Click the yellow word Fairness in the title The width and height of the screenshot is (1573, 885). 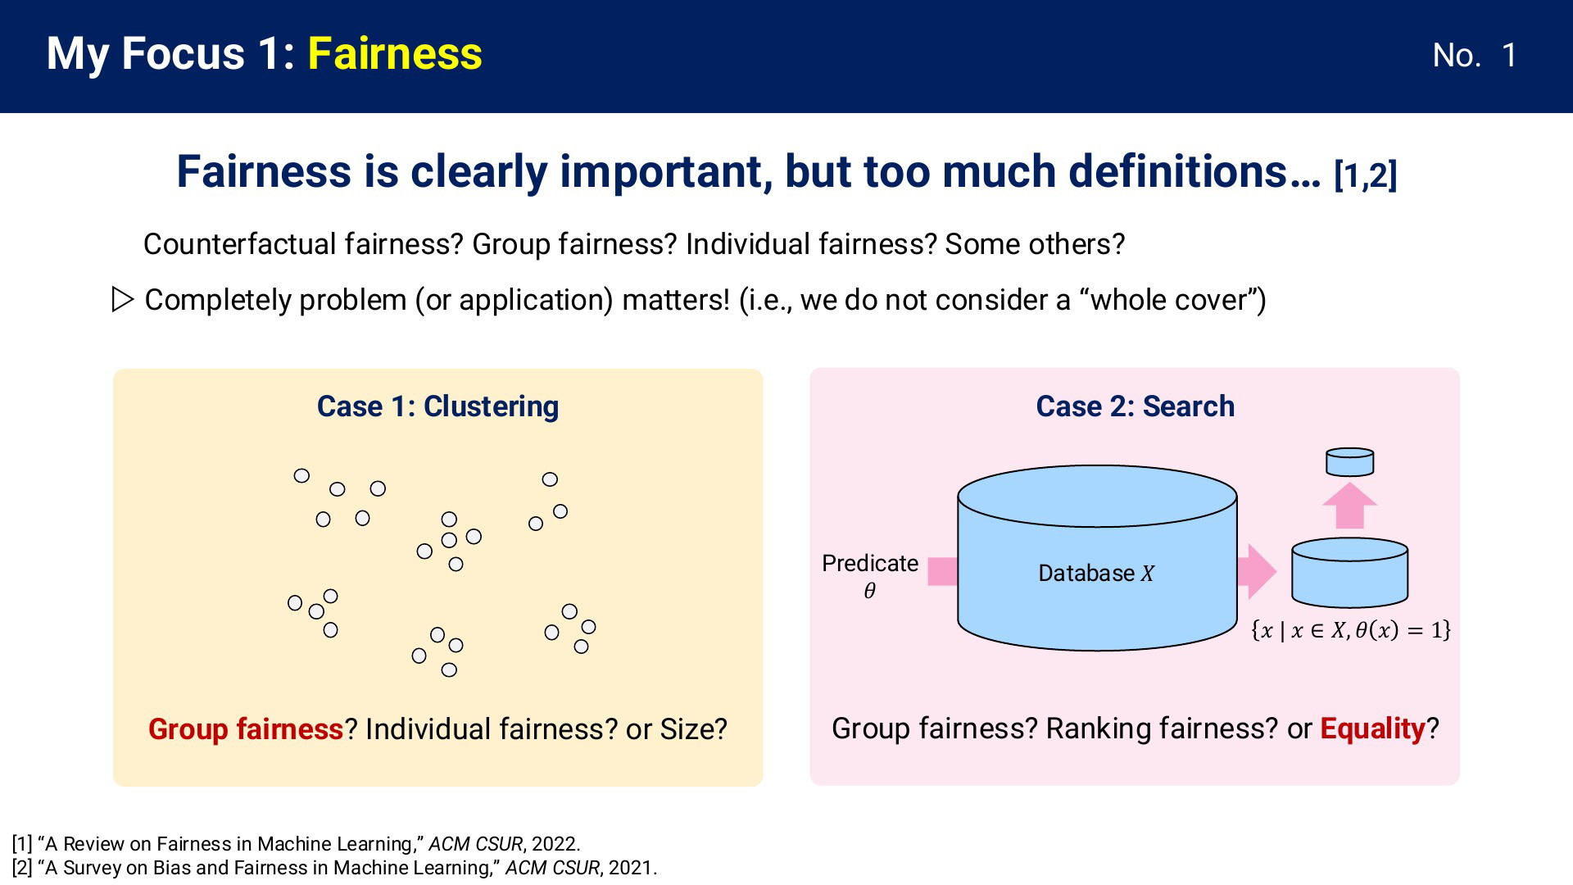click(395, 54)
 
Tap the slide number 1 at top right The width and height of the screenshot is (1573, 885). click(1509, 56)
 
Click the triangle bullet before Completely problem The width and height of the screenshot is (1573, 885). click(122, 300)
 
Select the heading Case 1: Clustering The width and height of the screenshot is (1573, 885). click(437, 406)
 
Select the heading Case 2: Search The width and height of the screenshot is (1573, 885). click(1135, 406)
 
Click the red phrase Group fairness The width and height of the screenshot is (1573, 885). click(246, 729)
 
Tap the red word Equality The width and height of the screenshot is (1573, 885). click(1373, 728)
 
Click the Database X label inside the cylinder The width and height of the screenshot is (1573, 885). click(1096, 574)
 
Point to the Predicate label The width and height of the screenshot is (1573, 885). click(870, 564)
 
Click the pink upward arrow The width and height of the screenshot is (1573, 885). click(1349, 505)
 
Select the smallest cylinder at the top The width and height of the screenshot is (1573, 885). click(1350, 461)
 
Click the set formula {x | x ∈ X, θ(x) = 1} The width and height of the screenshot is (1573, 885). click(1350, 630)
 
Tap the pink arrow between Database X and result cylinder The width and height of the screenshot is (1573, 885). click(1256, 571)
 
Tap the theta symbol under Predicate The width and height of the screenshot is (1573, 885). click(870, 591)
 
